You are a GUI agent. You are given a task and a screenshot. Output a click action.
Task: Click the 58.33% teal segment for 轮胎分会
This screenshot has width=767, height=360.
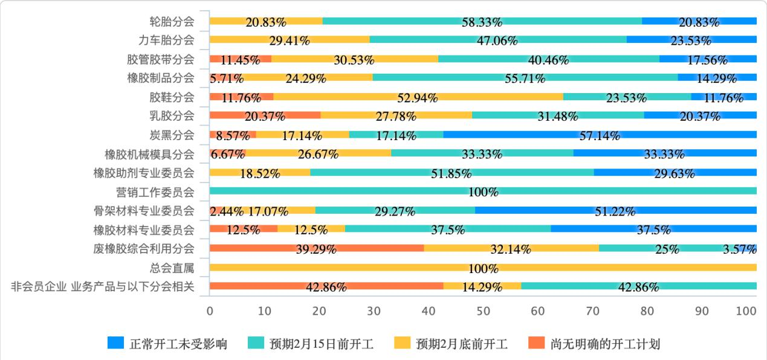(482, 21)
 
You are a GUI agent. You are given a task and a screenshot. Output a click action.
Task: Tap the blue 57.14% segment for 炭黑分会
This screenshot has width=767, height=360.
(600, 135)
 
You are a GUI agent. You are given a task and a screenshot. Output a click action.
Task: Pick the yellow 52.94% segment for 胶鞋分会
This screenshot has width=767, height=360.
(418, 97)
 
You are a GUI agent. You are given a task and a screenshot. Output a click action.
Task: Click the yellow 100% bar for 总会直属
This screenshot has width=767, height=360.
(483, 267)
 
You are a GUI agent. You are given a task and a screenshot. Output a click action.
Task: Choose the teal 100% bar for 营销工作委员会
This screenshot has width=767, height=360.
(483, 191)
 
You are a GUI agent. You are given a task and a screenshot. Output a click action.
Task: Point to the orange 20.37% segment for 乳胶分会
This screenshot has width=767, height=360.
(265, 115)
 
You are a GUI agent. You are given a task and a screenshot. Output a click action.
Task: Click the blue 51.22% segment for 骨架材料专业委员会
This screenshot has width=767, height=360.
(615, 210)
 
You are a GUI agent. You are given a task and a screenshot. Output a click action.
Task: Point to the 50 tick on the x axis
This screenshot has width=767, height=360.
(483, 311)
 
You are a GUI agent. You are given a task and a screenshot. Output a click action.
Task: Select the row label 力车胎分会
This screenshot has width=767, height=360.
(166, 40)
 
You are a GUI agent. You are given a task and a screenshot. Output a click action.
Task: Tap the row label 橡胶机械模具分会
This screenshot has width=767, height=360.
(149, 154)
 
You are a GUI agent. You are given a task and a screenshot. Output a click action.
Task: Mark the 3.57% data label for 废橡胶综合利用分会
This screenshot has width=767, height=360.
(739, 249)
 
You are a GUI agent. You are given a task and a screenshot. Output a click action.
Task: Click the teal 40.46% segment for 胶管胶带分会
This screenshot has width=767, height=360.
(548, 59)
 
